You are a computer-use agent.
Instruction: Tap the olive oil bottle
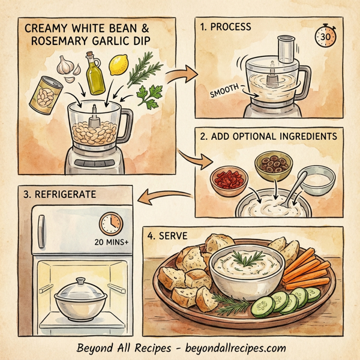(95, 71)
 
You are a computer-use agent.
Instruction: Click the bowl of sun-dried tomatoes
(227, 178)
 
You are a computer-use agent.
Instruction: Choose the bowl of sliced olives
(269, 166)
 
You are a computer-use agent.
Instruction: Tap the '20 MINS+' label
(112, 244)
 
